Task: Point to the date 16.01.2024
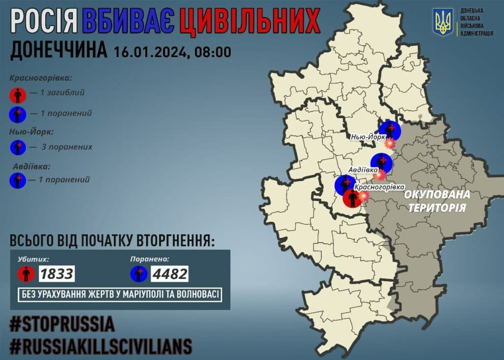click(150, 51)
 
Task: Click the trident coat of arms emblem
click(442, 22)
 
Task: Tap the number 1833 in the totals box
click(57, 273)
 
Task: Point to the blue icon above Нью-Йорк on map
click(390, 131)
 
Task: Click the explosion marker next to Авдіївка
click(379, 175)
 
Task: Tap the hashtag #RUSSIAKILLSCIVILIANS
click(100, 347)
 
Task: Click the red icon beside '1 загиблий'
click(18, 93)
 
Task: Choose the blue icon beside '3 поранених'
click(18, 147)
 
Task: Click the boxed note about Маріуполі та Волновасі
click(120, 295)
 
